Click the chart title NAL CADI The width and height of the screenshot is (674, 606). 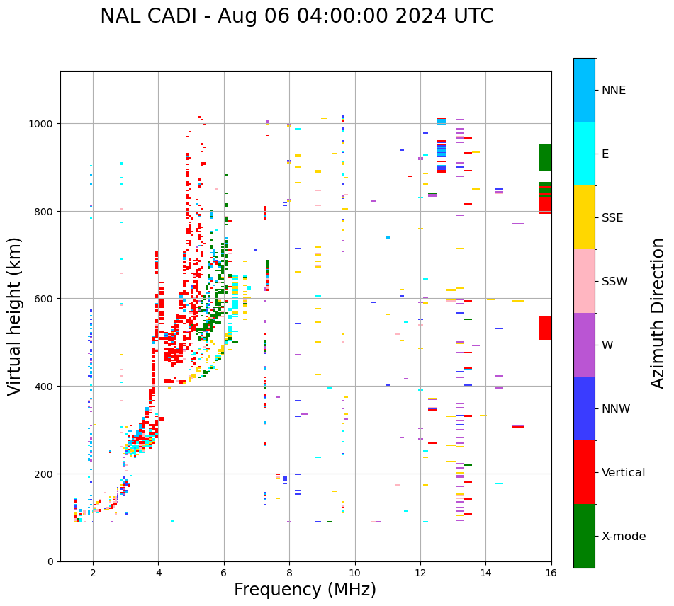click(x=296, y=16)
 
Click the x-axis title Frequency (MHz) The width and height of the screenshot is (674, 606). click(x=305, y=590)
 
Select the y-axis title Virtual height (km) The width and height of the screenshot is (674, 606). click(x=15, y=316)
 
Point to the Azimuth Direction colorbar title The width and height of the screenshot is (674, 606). click(x=658, y=313)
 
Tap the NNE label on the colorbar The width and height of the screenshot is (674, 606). click(x=614, y=90)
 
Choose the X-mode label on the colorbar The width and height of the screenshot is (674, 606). click(x=624, y=536)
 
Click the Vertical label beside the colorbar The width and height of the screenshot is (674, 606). click(x=624, y=472)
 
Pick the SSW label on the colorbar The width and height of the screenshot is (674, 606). click(x=614, y=281)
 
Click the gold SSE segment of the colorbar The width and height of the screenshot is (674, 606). click(x=584, y=217)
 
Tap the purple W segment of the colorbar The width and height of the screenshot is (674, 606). click(x=584, y=345)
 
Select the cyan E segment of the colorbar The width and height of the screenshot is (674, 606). click(x=584, y=154)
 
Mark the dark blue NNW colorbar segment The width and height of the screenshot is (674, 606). click(x=584, y=408)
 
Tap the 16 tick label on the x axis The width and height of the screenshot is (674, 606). click(x=551, y=573)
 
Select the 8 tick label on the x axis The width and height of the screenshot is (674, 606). click(x=289, y=573)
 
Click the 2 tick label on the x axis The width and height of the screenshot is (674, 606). click(x=93, y=573)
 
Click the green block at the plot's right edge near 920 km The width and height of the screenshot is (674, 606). click(x=545, y=157)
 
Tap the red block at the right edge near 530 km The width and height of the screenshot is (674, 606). click(x=545, y=328)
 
